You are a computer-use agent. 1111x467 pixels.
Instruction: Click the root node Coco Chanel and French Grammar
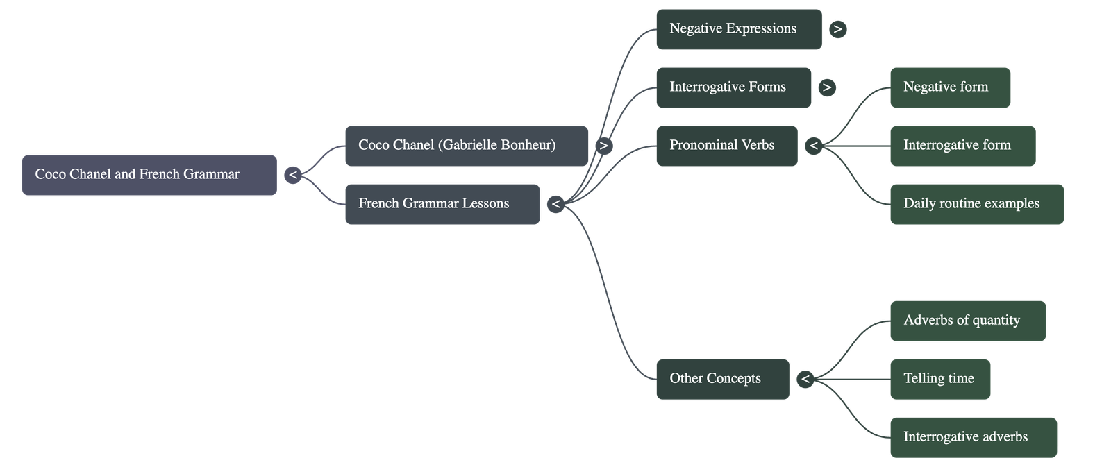(149, 175)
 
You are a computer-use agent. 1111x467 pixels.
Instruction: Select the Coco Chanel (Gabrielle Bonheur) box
(465, 146)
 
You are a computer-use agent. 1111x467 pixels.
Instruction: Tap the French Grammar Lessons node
(442, 204)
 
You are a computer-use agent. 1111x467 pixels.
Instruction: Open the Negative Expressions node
(738, 29)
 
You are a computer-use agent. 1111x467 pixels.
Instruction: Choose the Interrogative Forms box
(733, 87)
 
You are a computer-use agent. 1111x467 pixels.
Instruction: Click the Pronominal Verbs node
(726, 146)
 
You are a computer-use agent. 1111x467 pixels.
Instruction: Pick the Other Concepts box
(721, 379)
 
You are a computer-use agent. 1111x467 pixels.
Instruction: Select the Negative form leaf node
(949, 87)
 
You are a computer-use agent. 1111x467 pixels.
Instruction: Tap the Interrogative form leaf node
(962, 146)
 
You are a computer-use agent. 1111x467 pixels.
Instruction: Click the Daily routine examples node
(976, 204)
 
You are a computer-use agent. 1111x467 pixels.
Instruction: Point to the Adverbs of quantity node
(967, 321)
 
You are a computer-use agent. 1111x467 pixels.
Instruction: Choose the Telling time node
(939, 379)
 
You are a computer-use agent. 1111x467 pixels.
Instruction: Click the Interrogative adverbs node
(973, 437)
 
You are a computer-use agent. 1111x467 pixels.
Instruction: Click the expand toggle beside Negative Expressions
(837, 29)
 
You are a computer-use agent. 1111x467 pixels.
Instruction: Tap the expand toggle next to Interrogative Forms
(826, 87)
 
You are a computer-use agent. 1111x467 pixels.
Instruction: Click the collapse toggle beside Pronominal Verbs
(813, 146)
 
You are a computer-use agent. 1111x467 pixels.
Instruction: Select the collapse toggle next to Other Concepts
(805, 379)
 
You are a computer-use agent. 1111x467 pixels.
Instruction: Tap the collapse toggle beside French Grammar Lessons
(555, 204)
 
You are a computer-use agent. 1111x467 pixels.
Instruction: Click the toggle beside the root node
(292, 175)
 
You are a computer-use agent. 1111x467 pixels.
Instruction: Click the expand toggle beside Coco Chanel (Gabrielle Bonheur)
(603, 146)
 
